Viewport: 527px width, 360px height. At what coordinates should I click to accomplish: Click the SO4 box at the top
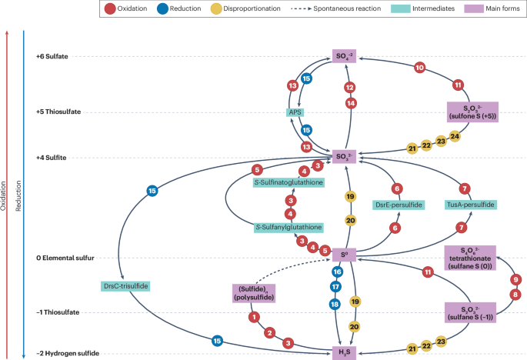point(345,56)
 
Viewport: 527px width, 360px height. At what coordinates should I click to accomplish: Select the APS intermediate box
point(294,112)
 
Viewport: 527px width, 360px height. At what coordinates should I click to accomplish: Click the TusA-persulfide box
point(469,205)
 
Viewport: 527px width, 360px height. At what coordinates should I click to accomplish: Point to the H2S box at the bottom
point(345,353)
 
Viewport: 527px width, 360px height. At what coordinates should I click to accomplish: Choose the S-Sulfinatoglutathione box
point(288,182)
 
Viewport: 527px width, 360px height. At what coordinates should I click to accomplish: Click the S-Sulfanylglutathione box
point(288,228)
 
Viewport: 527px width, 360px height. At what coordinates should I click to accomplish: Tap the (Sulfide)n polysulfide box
point(254,292)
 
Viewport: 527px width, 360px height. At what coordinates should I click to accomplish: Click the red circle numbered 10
point(419,68)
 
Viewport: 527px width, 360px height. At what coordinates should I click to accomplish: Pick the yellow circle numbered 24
point(455,136)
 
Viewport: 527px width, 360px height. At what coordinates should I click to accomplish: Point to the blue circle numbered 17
point(335,287)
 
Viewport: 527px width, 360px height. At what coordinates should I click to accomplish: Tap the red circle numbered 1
point(253,316)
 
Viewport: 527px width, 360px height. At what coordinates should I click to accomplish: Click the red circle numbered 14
point(350,103)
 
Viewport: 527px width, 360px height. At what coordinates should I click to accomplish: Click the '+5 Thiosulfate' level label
point(58,112)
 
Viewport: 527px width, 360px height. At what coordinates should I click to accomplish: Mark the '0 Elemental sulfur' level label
point(65,258)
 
